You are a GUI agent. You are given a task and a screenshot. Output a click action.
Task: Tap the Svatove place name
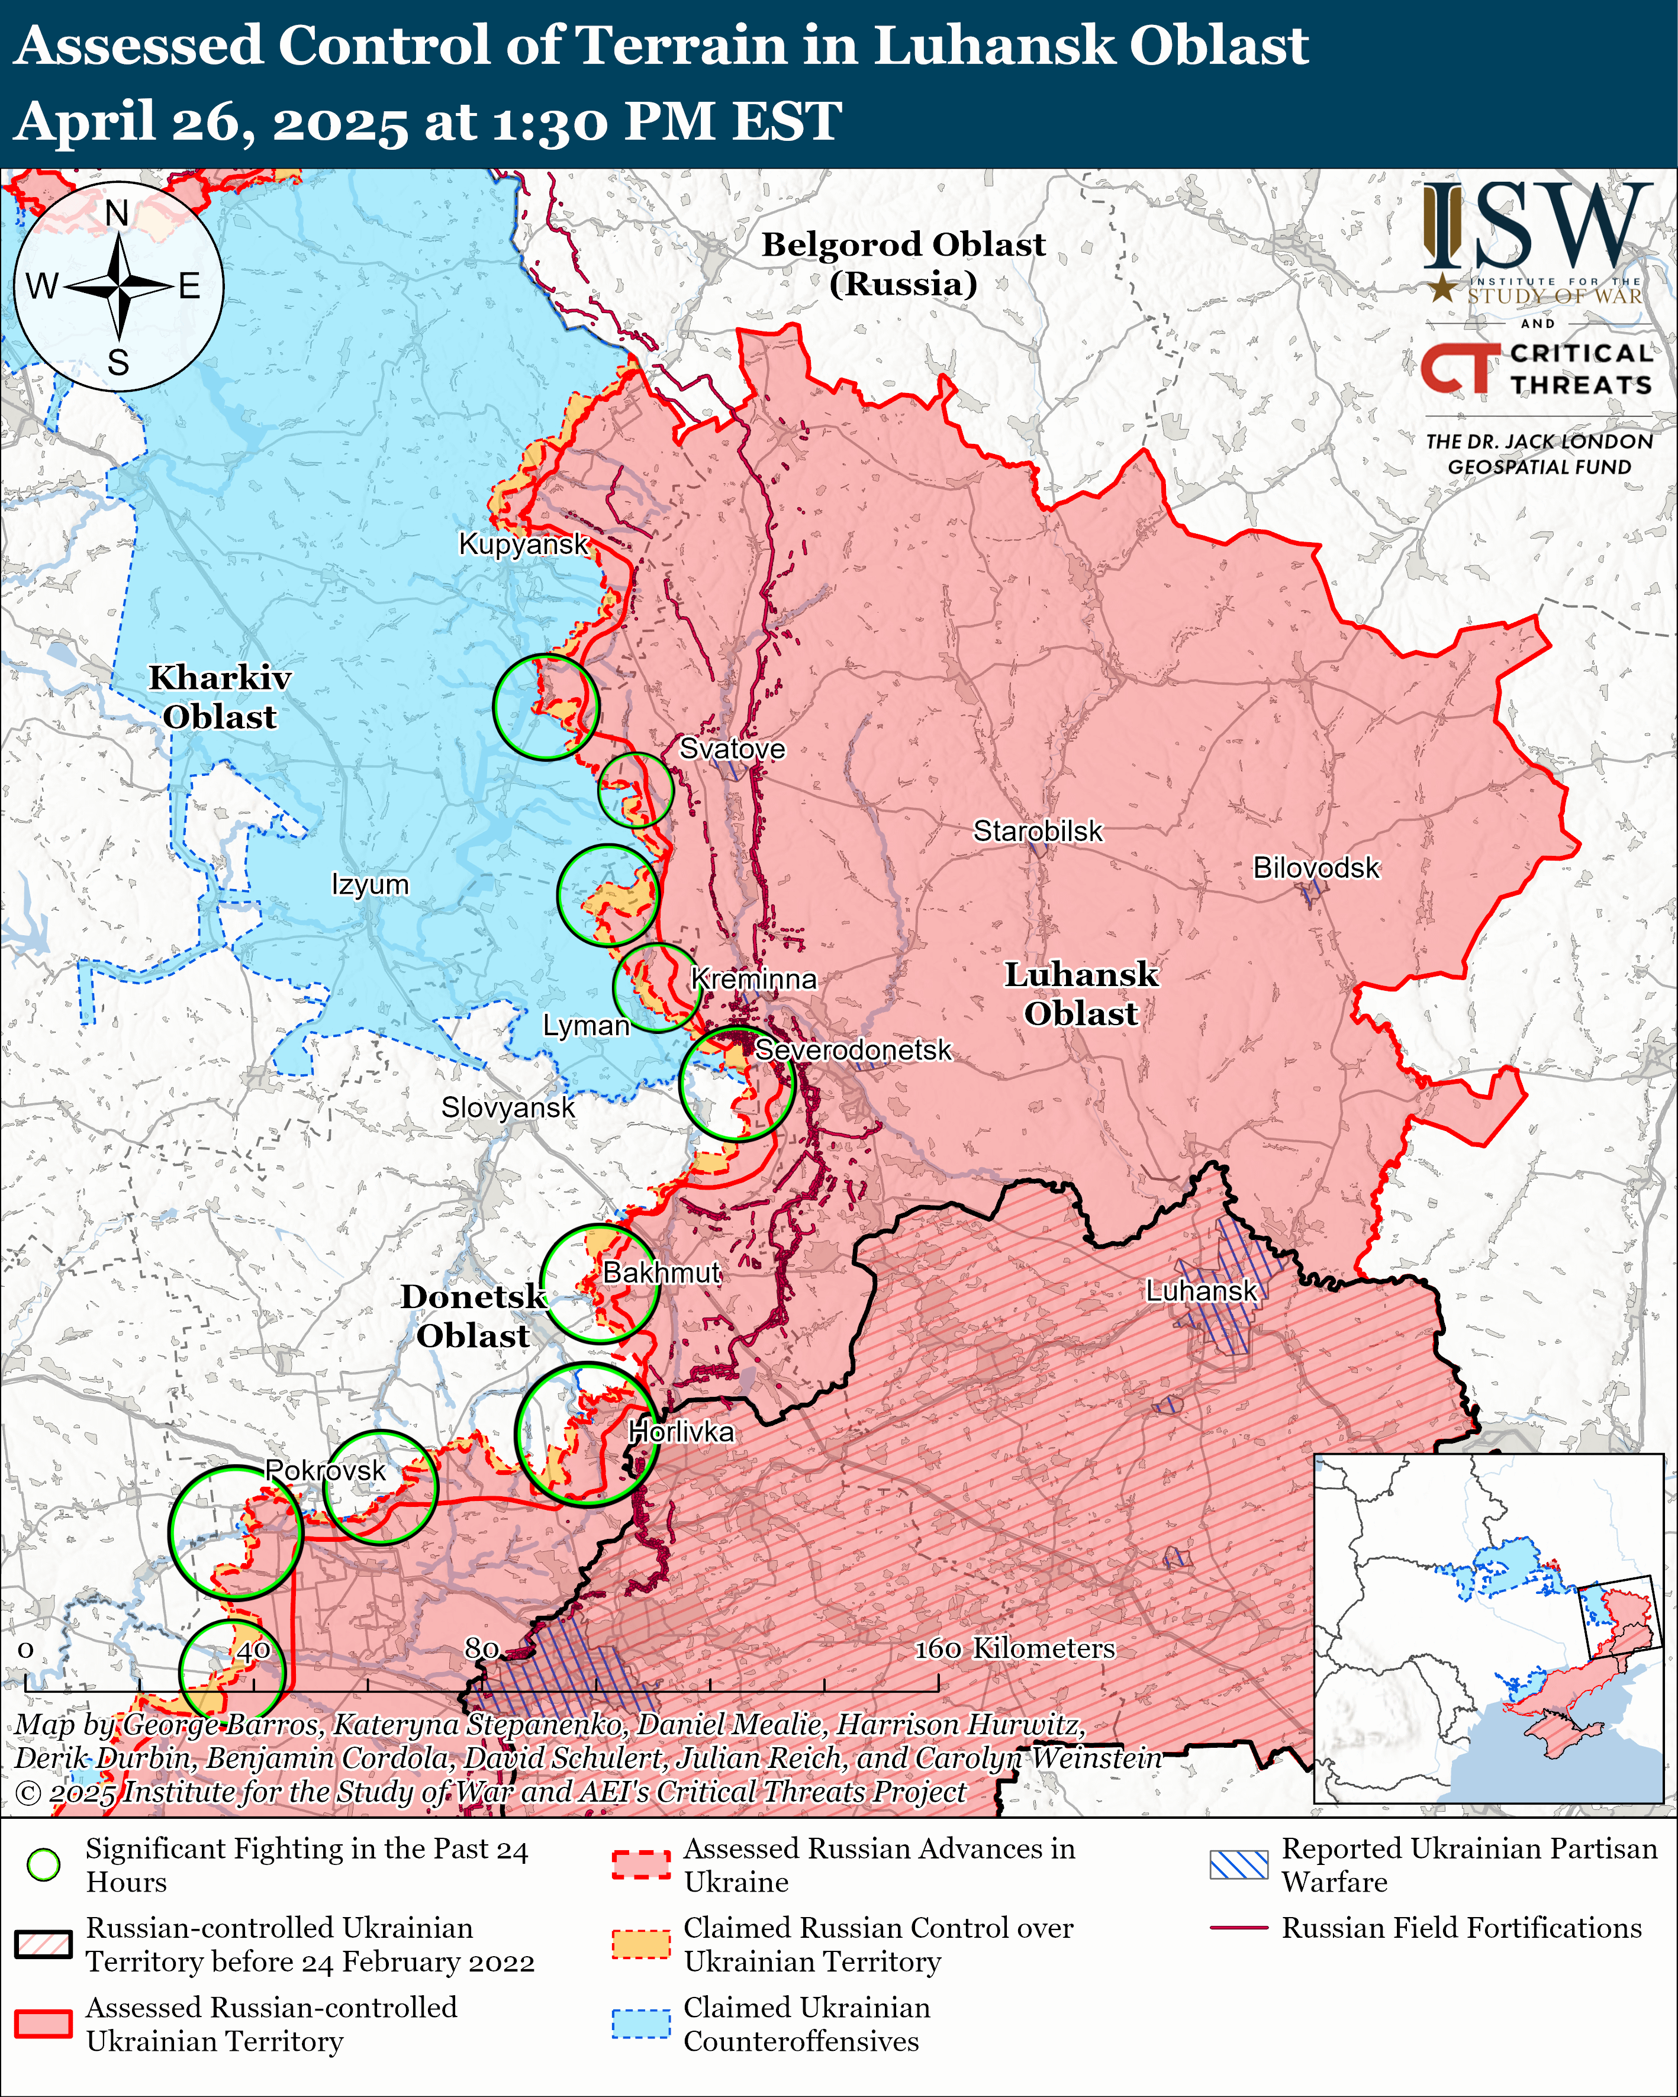point(732,749)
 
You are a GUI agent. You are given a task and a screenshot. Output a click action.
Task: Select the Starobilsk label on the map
point(1038,832)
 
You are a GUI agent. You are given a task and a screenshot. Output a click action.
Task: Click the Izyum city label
point(370,885)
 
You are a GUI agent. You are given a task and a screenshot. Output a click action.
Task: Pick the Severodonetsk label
point(853,1051)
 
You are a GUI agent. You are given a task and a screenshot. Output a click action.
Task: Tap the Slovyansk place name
point(508,1108)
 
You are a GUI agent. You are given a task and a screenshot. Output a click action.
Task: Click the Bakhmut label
point(662,1272)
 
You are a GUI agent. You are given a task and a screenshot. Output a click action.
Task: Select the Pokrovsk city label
point(326,1471)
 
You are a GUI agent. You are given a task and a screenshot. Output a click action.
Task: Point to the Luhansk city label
point(1202,1291)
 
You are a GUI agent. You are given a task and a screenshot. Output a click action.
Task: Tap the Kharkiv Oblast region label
point(220,697)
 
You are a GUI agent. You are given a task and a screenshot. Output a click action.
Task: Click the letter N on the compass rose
point(117,213)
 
